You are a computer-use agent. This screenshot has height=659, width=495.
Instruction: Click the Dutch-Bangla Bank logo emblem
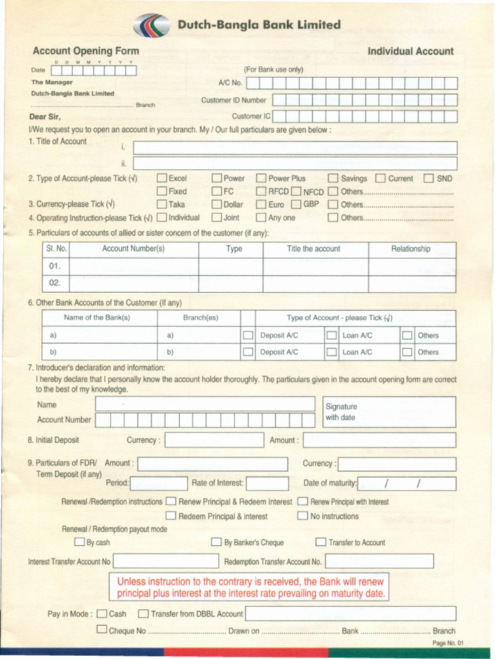click(x=152, y=26)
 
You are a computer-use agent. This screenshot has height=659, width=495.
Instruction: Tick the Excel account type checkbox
click(x=162, y=178)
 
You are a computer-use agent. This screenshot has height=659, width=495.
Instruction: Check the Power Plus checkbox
click(x=261, y=178)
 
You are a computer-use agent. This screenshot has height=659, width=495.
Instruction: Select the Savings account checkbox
click(x=333, y=178)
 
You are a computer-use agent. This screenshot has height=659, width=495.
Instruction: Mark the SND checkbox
click(x=429, y=178)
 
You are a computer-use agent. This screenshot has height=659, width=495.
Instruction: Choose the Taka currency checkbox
click(x=162, y=205)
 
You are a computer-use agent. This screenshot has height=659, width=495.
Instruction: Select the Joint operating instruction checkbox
click(x=217, y=218)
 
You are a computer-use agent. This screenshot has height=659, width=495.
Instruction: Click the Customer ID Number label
click(x=233, y=100)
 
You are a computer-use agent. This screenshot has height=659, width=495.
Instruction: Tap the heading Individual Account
click(x=410, y=51)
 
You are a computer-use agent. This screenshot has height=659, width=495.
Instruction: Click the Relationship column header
click(x=411, y=249)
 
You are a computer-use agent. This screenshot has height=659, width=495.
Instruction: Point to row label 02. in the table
click(x=55, y=283)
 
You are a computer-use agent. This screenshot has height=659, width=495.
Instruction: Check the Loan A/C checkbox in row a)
click(x=331, y=335)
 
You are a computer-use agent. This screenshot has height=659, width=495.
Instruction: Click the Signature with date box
click(x=389, y=412)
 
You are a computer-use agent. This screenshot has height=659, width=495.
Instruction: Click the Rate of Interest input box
click(x=267, y=483)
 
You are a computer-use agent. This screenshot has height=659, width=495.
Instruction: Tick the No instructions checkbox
click(x=302, y=515)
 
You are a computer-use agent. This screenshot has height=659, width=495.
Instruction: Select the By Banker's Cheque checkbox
click(x=216, y=543)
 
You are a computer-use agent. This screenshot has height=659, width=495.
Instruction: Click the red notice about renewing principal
click(x=251, y=587)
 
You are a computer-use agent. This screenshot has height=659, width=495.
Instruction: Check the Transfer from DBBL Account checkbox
click(x=143, y=614)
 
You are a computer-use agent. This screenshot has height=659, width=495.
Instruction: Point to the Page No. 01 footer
click(x=448, y=643)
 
